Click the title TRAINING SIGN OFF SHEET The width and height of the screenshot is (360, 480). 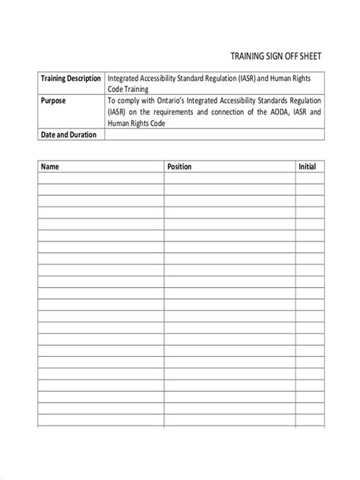[275, 55]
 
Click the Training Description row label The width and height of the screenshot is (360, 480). [71, 78]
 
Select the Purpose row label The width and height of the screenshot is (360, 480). [55, 99]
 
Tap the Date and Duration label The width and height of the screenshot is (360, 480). [68, 134]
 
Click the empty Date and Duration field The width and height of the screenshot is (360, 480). [214, 134]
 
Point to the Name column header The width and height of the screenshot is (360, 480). [49, 166]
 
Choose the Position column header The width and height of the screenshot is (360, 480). [179, 166]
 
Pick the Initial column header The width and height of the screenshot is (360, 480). [307, 166]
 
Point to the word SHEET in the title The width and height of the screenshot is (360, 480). [309, 55]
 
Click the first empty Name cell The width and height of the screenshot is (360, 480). [100, 178]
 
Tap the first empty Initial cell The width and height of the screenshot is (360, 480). [309, 178]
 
